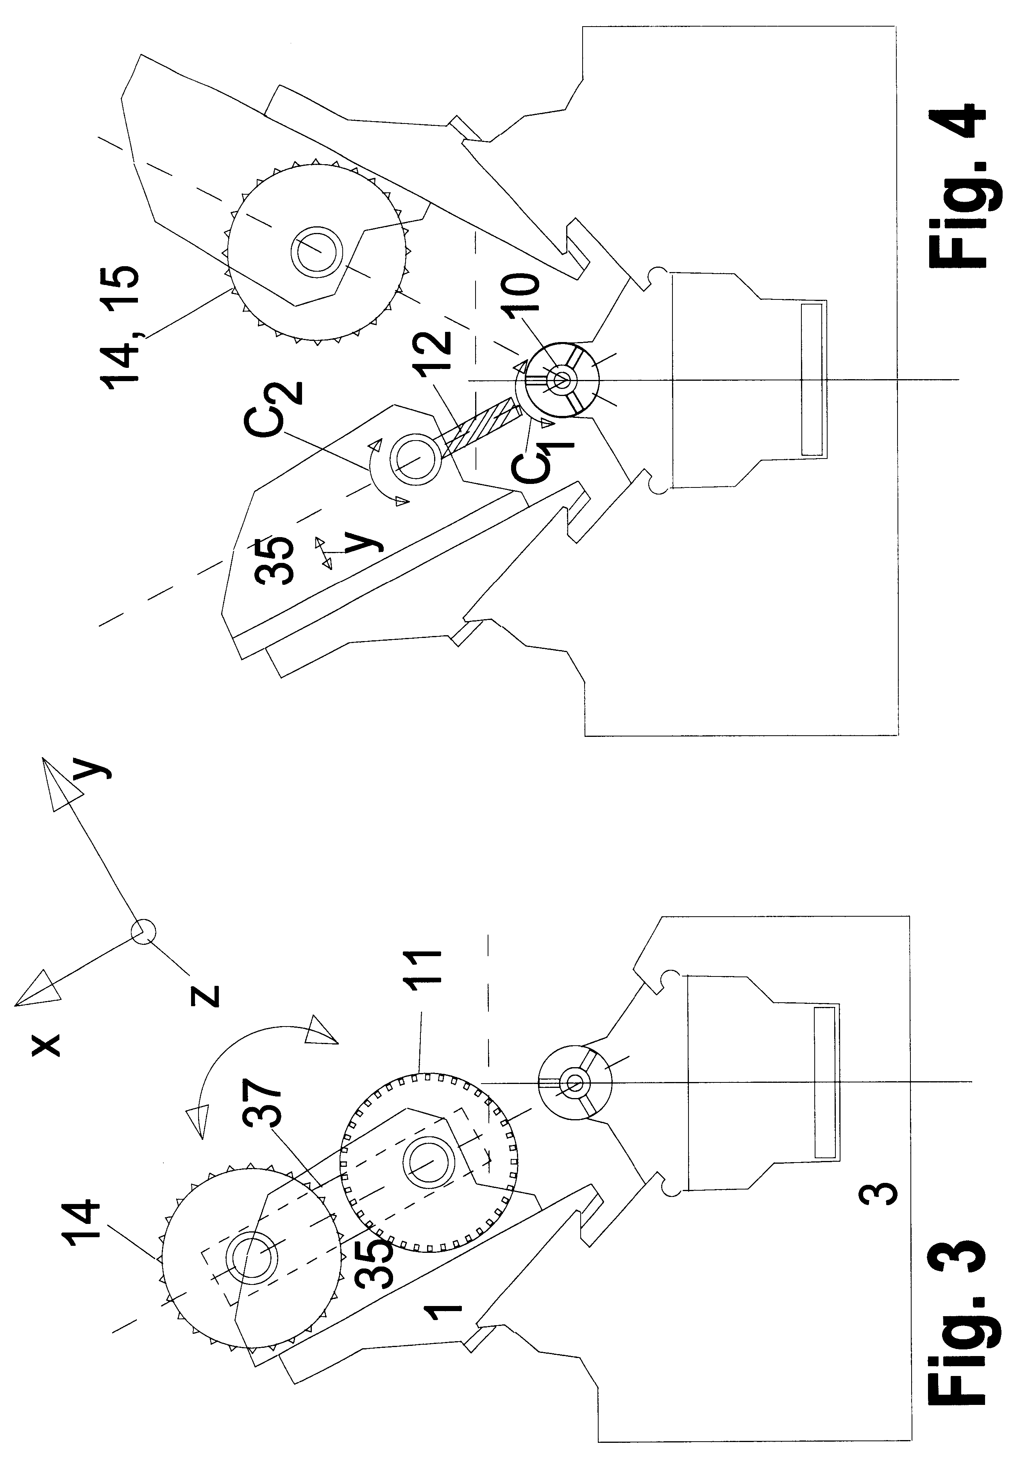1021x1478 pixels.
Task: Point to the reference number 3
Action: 881,1194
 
